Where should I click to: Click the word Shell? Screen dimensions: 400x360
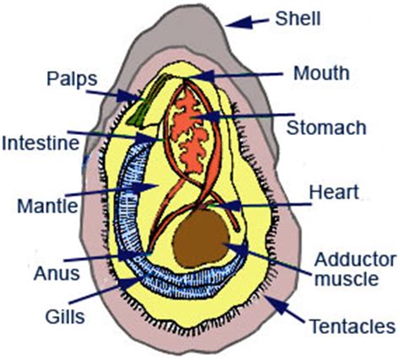(x=298, y=19)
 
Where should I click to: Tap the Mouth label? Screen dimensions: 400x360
(x=322, y=73)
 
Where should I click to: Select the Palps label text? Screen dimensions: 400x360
(x=72, y=79)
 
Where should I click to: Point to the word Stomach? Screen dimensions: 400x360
(x=327, y=127)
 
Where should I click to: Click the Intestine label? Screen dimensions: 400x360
(x=41, y=143)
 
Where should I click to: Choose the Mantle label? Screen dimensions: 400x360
(x=47, y=206)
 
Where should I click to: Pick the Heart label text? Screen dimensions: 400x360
(x=334, y=192)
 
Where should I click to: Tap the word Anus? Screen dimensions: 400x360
(x=57, y=273)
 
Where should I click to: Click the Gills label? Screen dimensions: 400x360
(x=65, y=317)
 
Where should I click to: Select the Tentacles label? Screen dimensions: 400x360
(x=353, y=326)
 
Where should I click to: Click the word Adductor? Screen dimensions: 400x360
(x=355, y=260)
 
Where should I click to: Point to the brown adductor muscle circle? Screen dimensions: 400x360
(x=201, y=239)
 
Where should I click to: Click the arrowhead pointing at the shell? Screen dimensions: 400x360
(x=239, y=23)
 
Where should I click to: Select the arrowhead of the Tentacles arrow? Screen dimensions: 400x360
(x=277, y=304)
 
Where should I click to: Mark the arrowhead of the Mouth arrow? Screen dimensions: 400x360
(x=202, y=76)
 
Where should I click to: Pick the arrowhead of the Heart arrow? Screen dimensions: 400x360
(x=227, y=205)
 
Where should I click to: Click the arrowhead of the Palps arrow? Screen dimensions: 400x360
(x=128, y=95)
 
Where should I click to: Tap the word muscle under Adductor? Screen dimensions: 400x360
(x=346, y=278)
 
